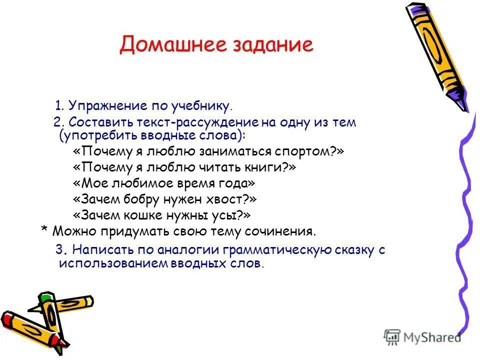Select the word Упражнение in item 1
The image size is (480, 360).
(x=106, y=105)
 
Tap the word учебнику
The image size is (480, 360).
(x=205, y=105)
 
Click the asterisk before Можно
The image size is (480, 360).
(x=44, y=230)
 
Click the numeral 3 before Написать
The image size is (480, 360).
(x=58, y=250)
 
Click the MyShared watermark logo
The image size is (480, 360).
(x=422, y=337)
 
